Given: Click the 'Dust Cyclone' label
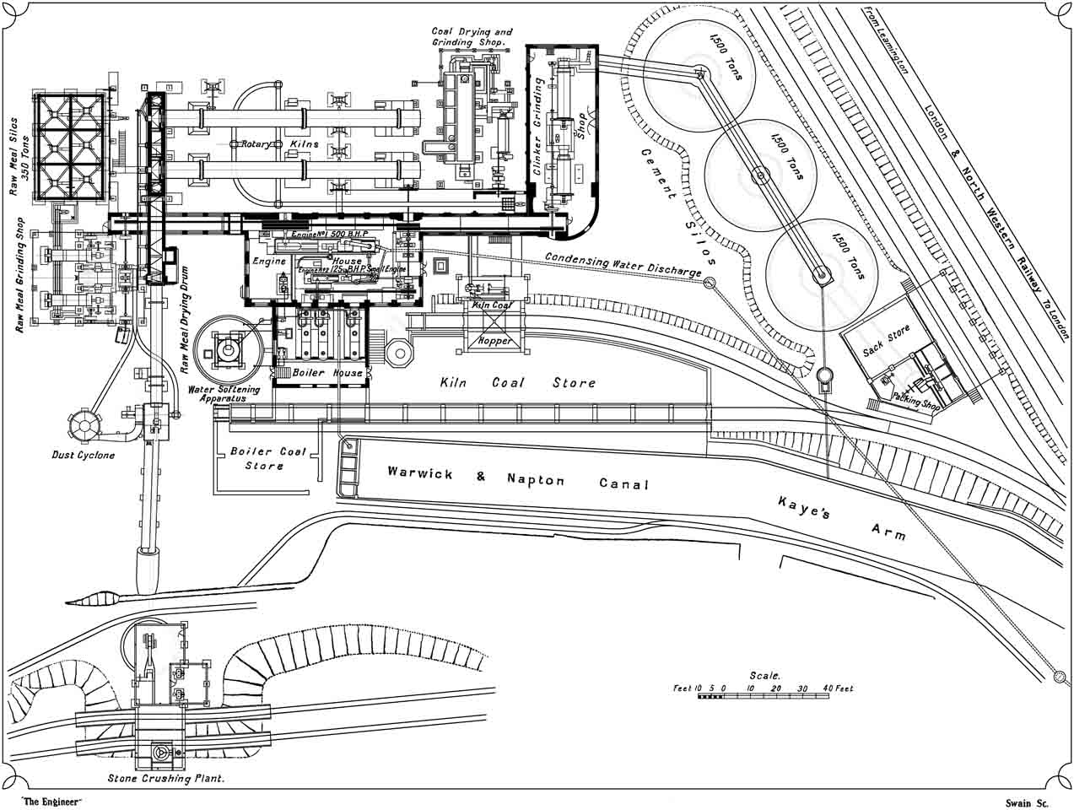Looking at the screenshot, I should coord(83,455).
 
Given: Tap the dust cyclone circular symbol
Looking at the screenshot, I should coord(84,424).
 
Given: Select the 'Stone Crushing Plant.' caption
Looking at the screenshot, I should coord(166,779).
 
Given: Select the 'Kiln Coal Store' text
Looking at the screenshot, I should coord(517,383).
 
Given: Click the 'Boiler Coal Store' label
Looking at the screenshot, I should coord(268,458).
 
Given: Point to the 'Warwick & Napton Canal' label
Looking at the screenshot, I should coord(518,478).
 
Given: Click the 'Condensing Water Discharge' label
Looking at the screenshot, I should coord(623,264).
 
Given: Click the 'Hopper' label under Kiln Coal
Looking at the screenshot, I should coord(494,341).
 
